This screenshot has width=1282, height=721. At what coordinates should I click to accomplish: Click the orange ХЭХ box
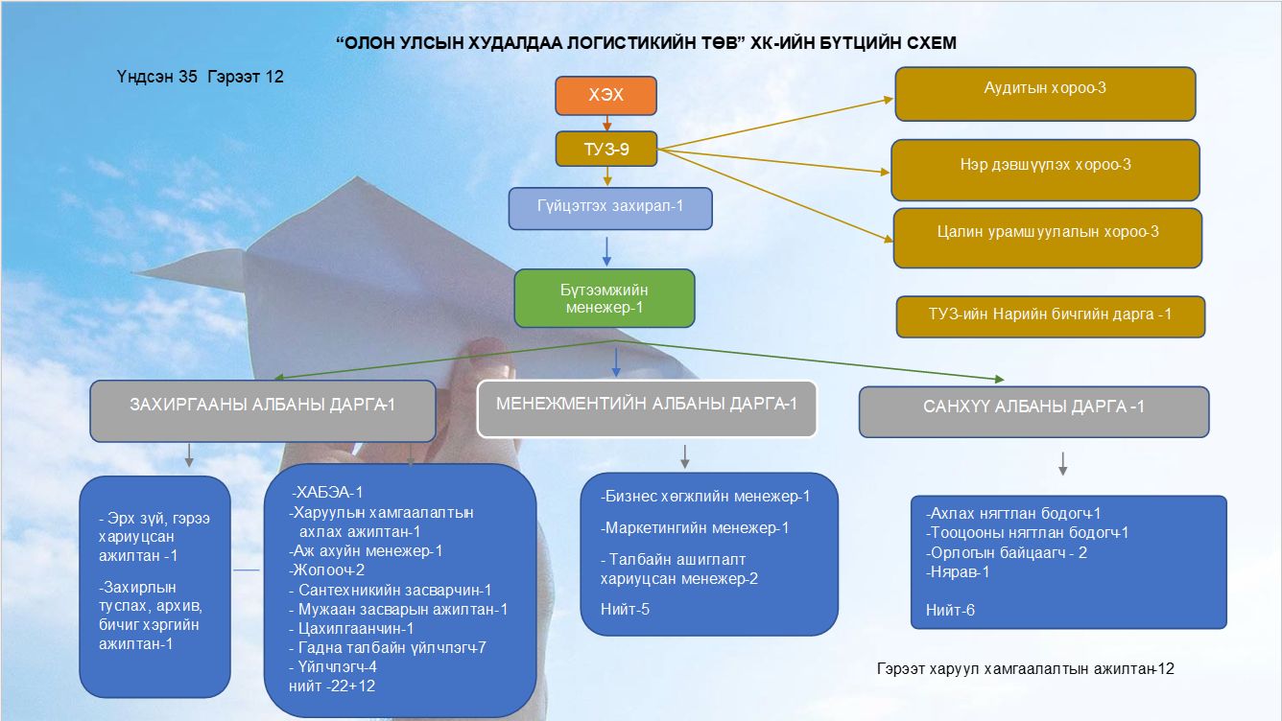(x=605, y=96)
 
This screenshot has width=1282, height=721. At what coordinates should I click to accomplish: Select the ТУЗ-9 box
(x=605, y=149)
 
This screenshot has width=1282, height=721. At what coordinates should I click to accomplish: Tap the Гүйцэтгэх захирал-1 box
(x=610, y=208)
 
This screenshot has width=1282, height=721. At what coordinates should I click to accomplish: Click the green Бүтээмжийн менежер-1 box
(x=604, y=297)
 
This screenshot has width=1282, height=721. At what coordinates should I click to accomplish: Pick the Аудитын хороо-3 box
(x=1045, y=93)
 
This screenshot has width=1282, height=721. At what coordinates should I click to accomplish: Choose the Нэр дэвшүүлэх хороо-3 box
(x=1045, y=170)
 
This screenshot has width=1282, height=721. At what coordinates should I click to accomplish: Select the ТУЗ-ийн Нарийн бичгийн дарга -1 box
(x=1050, y=316)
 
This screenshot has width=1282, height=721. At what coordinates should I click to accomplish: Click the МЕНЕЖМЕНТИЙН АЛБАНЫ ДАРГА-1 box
(x=647, y=408)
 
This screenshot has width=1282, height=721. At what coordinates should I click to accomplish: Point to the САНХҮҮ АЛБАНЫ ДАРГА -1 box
(x=1033, y=412)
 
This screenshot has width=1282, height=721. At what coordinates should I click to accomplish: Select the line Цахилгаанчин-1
(x=351, y=628)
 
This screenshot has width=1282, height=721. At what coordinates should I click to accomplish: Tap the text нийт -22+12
(x=332, y=686)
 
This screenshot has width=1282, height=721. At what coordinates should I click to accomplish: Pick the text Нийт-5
(x=626, y=609)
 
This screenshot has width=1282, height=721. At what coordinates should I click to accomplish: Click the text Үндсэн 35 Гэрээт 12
(x=200, y=77)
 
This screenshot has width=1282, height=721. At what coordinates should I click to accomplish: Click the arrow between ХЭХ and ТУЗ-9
(x=605, y=123)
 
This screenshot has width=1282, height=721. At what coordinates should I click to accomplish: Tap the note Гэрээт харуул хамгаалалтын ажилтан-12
(x=1025, y=667)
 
